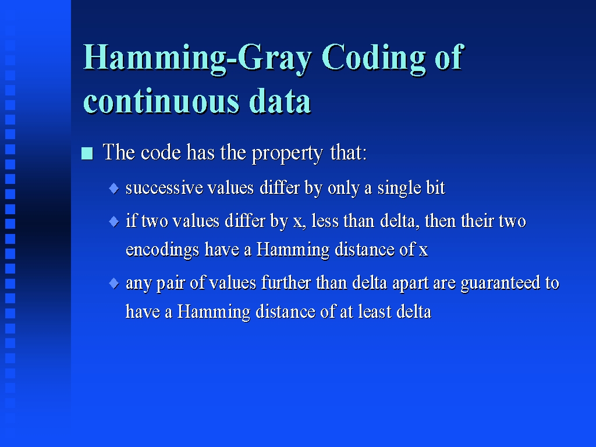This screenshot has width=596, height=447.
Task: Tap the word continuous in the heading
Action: (162, 102)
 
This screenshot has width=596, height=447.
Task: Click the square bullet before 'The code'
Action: (87, 154)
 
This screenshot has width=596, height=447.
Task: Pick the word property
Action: (288, 154)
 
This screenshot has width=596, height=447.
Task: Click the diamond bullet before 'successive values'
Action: (113, 188)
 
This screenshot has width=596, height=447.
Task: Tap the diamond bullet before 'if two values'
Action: (113, 221)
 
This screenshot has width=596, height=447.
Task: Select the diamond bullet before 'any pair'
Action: (113, 283)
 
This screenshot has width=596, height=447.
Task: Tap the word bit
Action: (435, 188)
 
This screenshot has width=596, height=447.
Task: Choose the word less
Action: (325, 221)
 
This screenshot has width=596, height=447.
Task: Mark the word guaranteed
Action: (500, 283)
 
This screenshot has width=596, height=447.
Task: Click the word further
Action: (286, 283)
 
